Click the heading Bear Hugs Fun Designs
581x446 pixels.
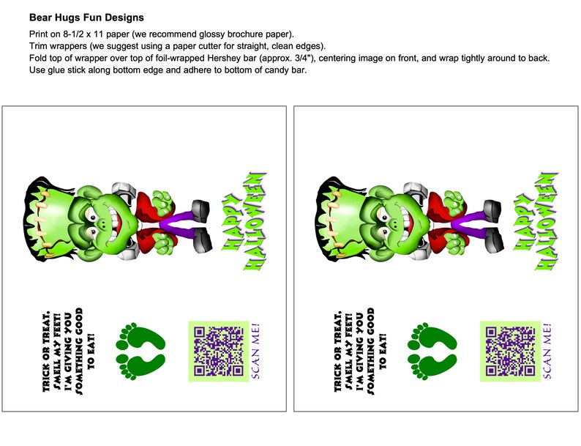pyautogui.click(x=86, y=17)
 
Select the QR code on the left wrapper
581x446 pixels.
pyautogui.click(x=217, y=352)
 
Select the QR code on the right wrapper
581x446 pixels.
pyautogui.click(x=509, y=352)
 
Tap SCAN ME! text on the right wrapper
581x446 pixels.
pyautogui.click(x=547, y=352)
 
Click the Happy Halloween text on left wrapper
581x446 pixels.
pyautogui.click(x=244, y=220)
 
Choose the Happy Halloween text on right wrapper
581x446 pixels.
pyautogui.click(x=536, y=220)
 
